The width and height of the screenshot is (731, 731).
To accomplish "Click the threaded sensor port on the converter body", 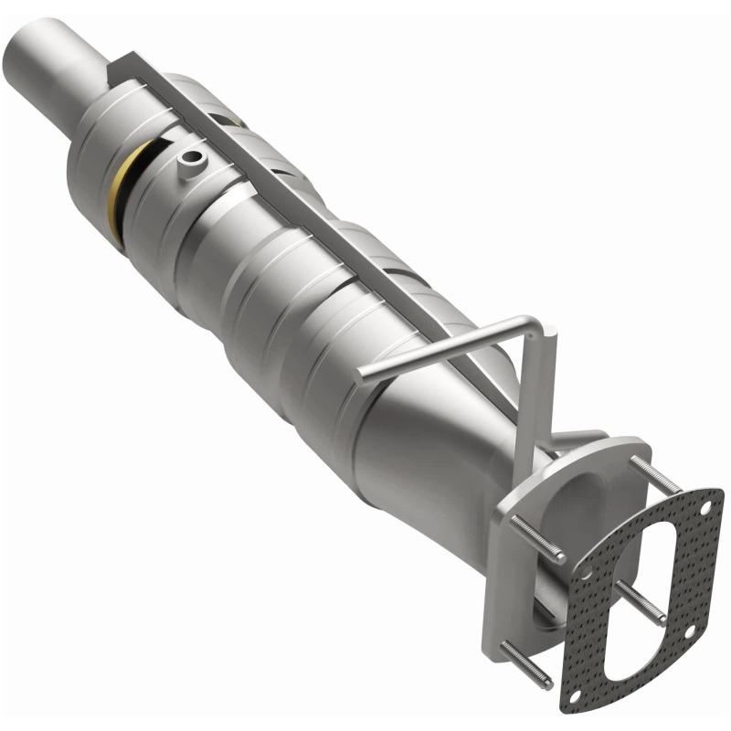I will (191, 162).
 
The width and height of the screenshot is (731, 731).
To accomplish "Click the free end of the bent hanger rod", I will (364, 372).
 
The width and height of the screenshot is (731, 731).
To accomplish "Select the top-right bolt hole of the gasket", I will (705, 506).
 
